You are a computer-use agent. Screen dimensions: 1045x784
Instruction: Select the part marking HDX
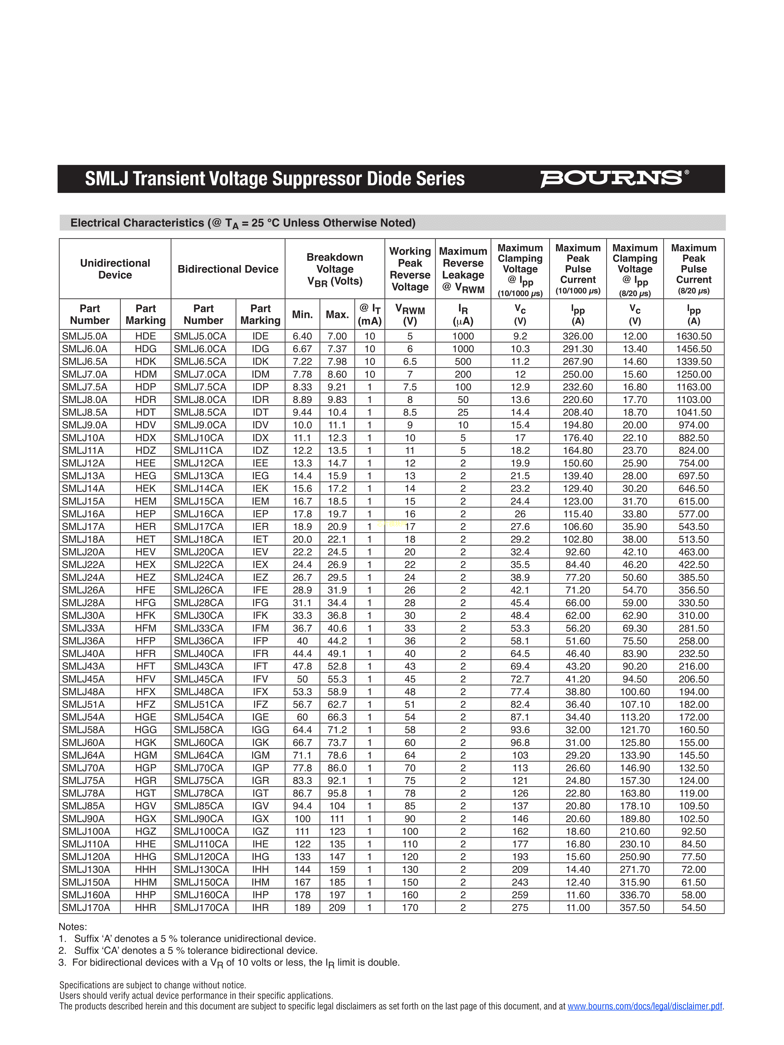145,437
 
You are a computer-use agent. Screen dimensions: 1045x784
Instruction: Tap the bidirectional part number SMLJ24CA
199,577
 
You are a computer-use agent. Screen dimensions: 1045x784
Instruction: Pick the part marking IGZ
260,831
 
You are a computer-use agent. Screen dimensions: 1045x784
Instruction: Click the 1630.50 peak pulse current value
693,336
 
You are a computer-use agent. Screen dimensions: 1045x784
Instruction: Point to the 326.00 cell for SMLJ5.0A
577,336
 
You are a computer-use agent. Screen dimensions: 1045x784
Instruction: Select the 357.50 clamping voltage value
635,907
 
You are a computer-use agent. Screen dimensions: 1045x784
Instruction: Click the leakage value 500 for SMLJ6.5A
463,361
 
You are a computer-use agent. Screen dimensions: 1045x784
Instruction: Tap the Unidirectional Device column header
115,269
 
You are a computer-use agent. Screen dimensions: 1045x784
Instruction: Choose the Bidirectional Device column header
228,269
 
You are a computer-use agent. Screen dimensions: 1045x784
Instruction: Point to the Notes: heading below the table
73,927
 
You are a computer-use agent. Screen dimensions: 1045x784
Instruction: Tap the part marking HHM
145,882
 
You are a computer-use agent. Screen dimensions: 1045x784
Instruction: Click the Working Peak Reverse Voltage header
410,269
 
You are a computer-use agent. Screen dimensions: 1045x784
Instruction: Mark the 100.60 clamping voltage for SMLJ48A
635,692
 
